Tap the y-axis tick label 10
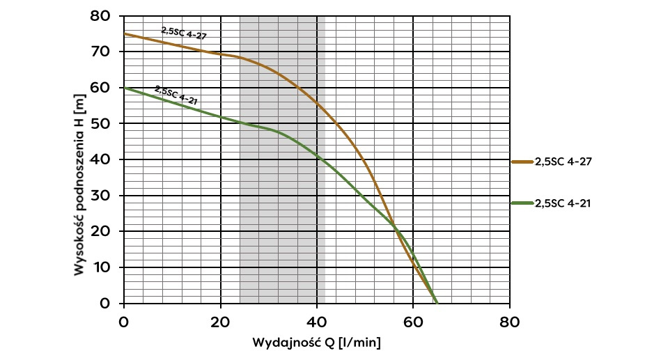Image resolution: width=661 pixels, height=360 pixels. click(x=102, y=267)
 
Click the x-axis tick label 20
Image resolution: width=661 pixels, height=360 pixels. click(x=221, y=322)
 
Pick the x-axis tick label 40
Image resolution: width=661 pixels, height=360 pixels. click(x=317, y=322)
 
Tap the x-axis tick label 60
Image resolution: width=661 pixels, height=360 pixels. click(x=413, y=322)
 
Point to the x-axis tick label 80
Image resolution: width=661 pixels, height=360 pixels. click(x=509, y=322)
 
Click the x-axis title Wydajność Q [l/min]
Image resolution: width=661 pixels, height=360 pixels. click(x=316, y=343)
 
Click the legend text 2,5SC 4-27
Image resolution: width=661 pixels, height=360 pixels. click(x=563, y=162)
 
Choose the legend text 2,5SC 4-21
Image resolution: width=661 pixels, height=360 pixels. click(x=563, y=203)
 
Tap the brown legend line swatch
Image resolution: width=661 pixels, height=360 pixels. click(x=522, y=162)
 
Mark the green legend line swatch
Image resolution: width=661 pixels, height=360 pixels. click(x=522, y=203)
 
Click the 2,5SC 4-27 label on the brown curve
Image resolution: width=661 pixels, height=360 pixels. click(x=185, y=32)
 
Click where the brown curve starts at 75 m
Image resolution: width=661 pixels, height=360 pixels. click(x=124, y=33)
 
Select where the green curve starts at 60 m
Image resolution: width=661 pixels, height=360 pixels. click(x=124, y=88)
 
